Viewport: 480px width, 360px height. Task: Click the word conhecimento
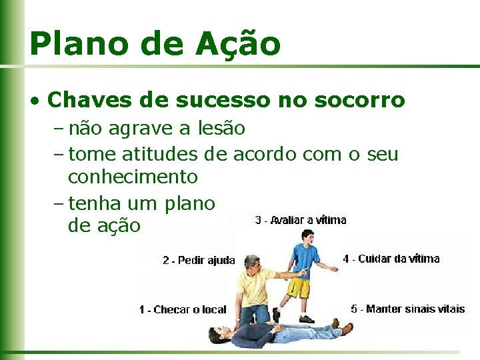133,177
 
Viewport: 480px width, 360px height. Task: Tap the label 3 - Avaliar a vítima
301,220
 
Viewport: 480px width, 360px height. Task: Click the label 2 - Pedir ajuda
199,261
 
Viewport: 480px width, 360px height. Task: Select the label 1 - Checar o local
183,309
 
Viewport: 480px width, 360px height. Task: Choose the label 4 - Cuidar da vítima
391,259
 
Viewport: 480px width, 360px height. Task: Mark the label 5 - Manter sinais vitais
408,309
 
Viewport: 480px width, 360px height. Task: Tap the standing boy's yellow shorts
299,289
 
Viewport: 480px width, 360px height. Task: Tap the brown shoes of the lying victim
343,327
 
